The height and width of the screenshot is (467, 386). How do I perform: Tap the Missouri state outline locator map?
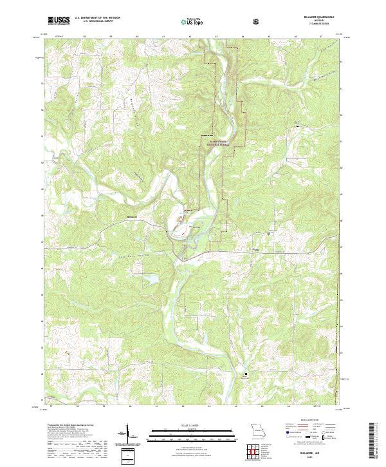pyautogui.click(x=257, y=430)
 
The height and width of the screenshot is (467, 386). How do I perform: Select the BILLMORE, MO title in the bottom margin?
pyautogui.click(x=328, y=453)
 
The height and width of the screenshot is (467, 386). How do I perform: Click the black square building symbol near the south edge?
pyautogui.click(x=244, y=372)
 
